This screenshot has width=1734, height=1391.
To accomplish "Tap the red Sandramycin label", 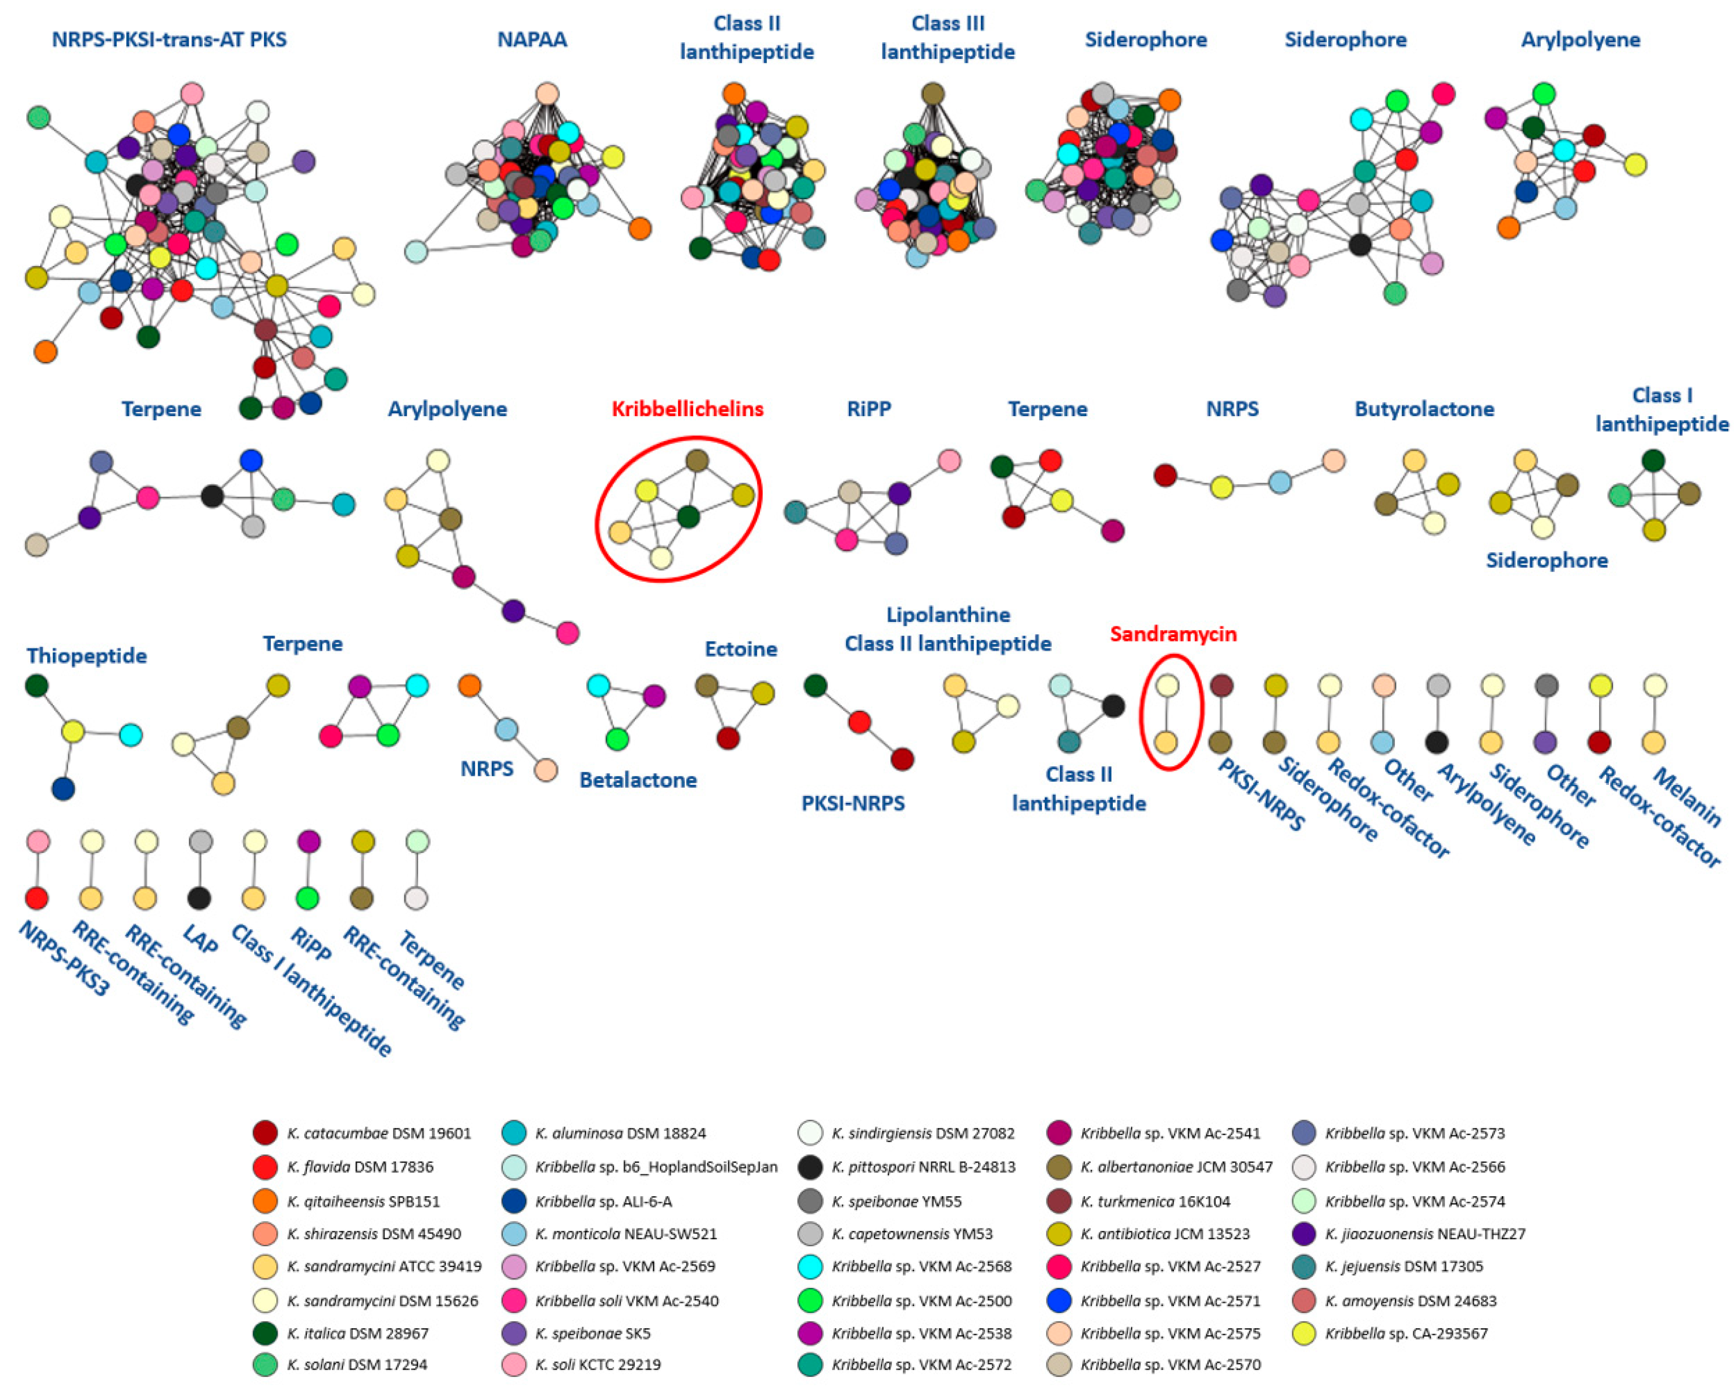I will tap(1173, 634).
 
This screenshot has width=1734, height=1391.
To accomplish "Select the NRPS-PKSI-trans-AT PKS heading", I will tap(169, 39).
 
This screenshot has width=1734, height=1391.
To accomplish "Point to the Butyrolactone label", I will tap(1423, 409).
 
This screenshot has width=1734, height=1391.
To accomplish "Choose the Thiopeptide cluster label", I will tap(87, 656).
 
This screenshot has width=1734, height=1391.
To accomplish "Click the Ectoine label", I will tap(741, 649).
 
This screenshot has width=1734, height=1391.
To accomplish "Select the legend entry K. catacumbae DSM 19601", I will tap(378, 1133).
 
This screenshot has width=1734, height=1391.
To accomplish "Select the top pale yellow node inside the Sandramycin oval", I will tap(1167, 685).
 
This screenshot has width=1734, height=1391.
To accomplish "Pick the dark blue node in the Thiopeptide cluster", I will tap(64, 788).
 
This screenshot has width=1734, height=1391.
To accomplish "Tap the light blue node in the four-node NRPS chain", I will tap(1280, 482).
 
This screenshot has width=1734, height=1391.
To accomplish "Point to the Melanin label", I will tap(1687, 797).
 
